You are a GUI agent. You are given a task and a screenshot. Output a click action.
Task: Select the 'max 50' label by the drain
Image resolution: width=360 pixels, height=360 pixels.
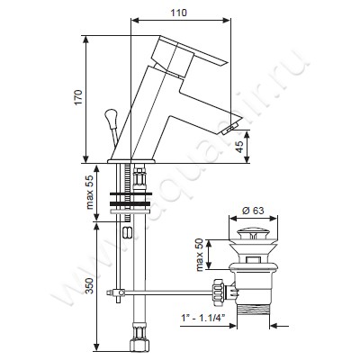[199, 253]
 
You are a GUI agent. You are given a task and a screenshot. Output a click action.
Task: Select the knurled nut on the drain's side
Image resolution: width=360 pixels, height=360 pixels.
[216, 291]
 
